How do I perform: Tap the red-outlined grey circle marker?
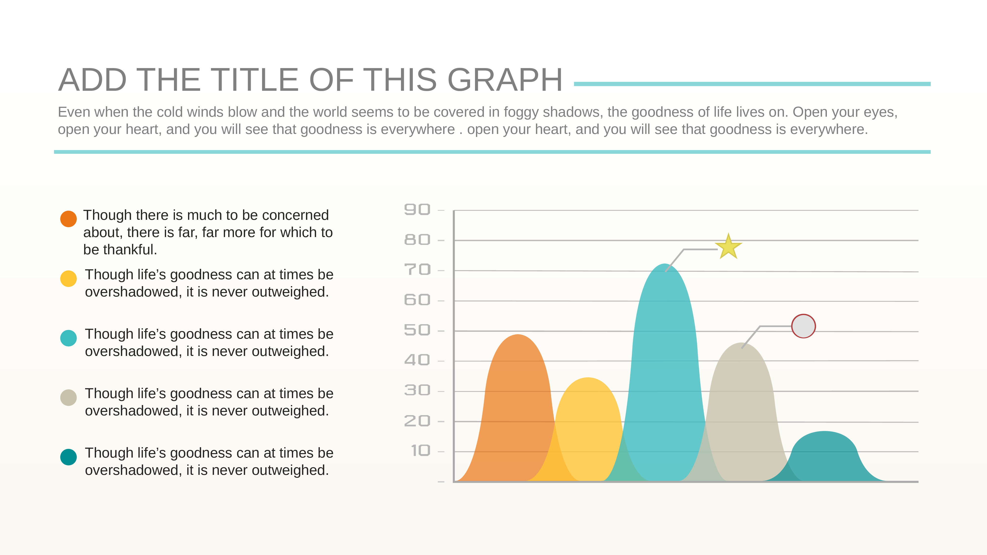pyautogui.click(x=803, y=326)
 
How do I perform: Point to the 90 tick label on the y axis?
pyautogui.click(x=417, y=209)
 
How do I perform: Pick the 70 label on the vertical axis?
pyautogui.click(x=417, y=270)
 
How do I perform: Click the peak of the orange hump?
pyautogui.click(x=518, y=335)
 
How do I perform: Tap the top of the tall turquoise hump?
pyautogui.click(x=664, y=264)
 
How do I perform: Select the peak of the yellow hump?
pyautogui.click(x=588, y=378)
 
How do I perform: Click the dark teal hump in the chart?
pyautogui.click(x=825, y=458)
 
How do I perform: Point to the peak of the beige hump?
pyautogui.click(x=741, y=343)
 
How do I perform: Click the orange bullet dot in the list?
pyautogui.click(x=69, y=219)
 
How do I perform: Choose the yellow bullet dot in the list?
pyautogui.click(x=69, y=278)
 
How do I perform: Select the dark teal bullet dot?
pyautogui.click(x=69, y=457)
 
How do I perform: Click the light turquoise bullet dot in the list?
pyautogui.click(x=69, y=338)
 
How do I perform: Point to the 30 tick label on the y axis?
pyautogui.click(x=417, y=390)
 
